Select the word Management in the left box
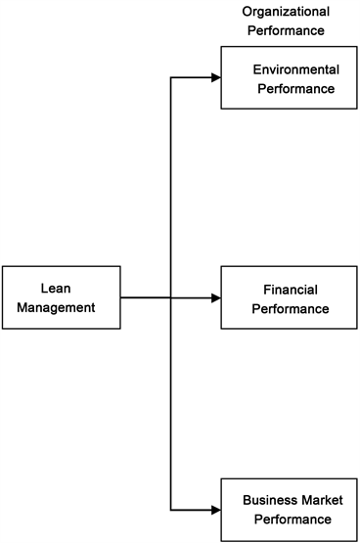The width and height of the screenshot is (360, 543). coord(61,307)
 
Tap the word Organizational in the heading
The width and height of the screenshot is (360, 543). coord(286,12)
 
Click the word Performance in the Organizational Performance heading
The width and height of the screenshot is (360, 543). coord(286,30)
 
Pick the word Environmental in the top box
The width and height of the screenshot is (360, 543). coord(296,69)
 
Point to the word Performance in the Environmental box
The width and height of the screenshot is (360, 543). coord(296,88)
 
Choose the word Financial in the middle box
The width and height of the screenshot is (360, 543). coord(291,290)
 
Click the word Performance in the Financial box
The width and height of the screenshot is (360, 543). coord(291,309)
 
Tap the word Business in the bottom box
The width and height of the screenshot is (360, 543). coord(267,500)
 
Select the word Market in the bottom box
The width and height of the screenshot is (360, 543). coord(318,500)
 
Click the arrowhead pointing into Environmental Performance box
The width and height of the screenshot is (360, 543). coord(214,78)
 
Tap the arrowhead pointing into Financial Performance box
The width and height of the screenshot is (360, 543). coord(214,298)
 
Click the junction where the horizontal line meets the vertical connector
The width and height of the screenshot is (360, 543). coord(171,297)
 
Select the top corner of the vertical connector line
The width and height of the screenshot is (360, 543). coord(171,78)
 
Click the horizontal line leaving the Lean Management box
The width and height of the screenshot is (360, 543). coord(145,297)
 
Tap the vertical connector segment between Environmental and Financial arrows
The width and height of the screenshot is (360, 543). coord(171,186)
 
